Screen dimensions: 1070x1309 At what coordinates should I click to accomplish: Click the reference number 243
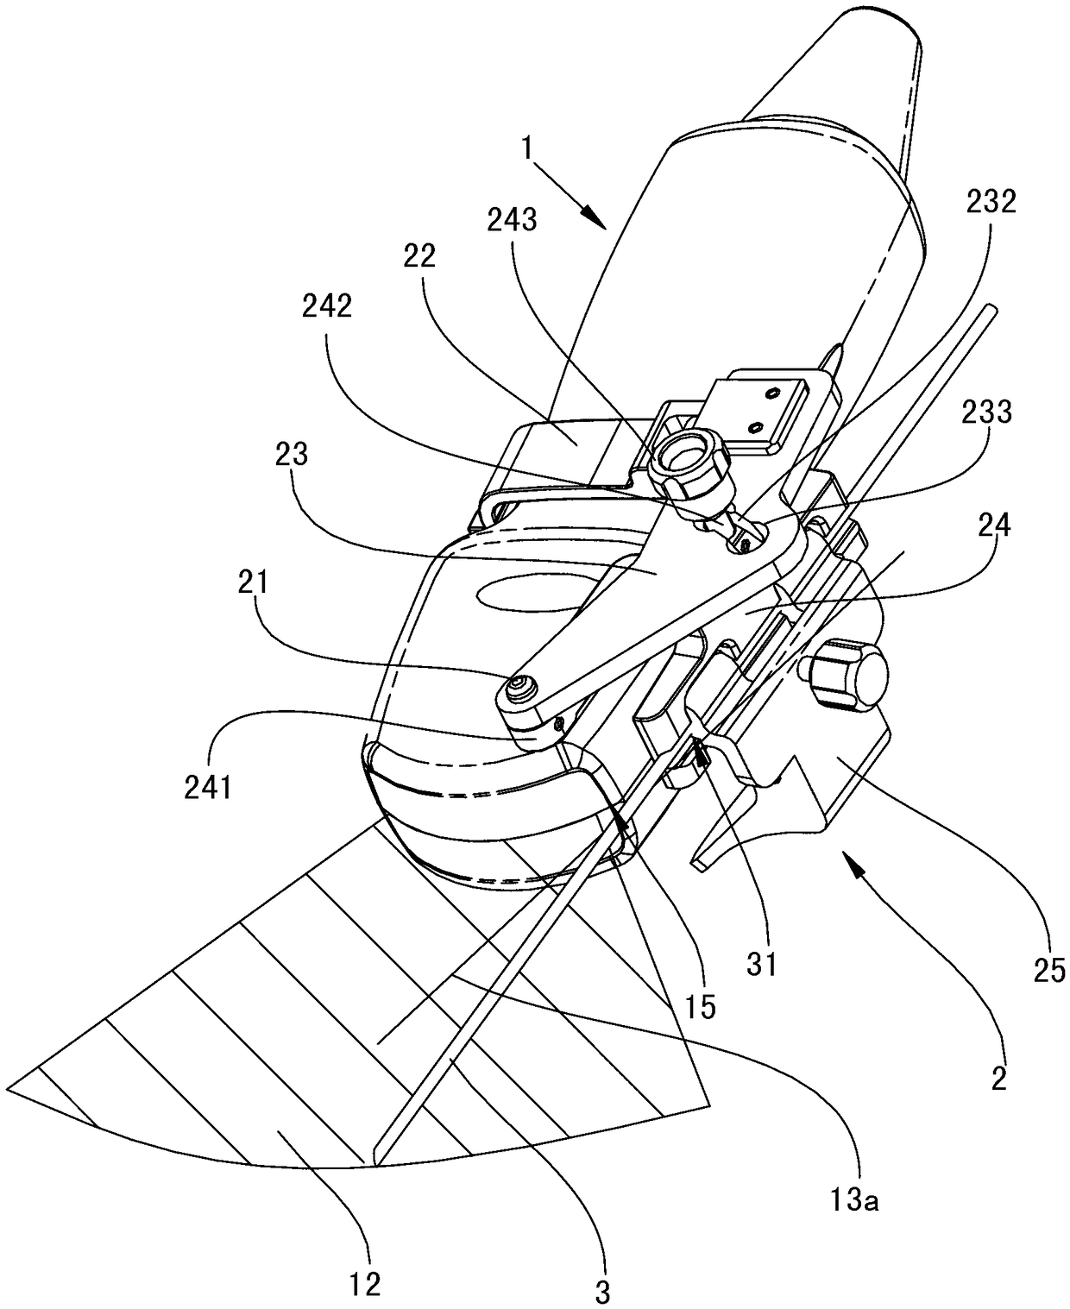pos(512,220)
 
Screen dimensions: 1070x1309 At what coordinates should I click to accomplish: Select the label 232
pos(991,202)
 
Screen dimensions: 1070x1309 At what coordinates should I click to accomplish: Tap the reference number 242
pos(327,306)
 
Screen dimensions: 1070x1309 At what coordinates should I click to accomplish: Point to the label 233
pos(987,412)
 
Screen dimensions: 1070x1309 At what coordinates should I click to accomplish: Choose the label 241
pos(207,790)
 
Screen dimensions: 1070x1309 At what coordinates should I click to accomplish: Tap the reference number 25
pos(1049,971)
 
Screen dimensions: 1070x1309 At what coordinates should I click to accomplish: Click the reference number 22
pos(419,256)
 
